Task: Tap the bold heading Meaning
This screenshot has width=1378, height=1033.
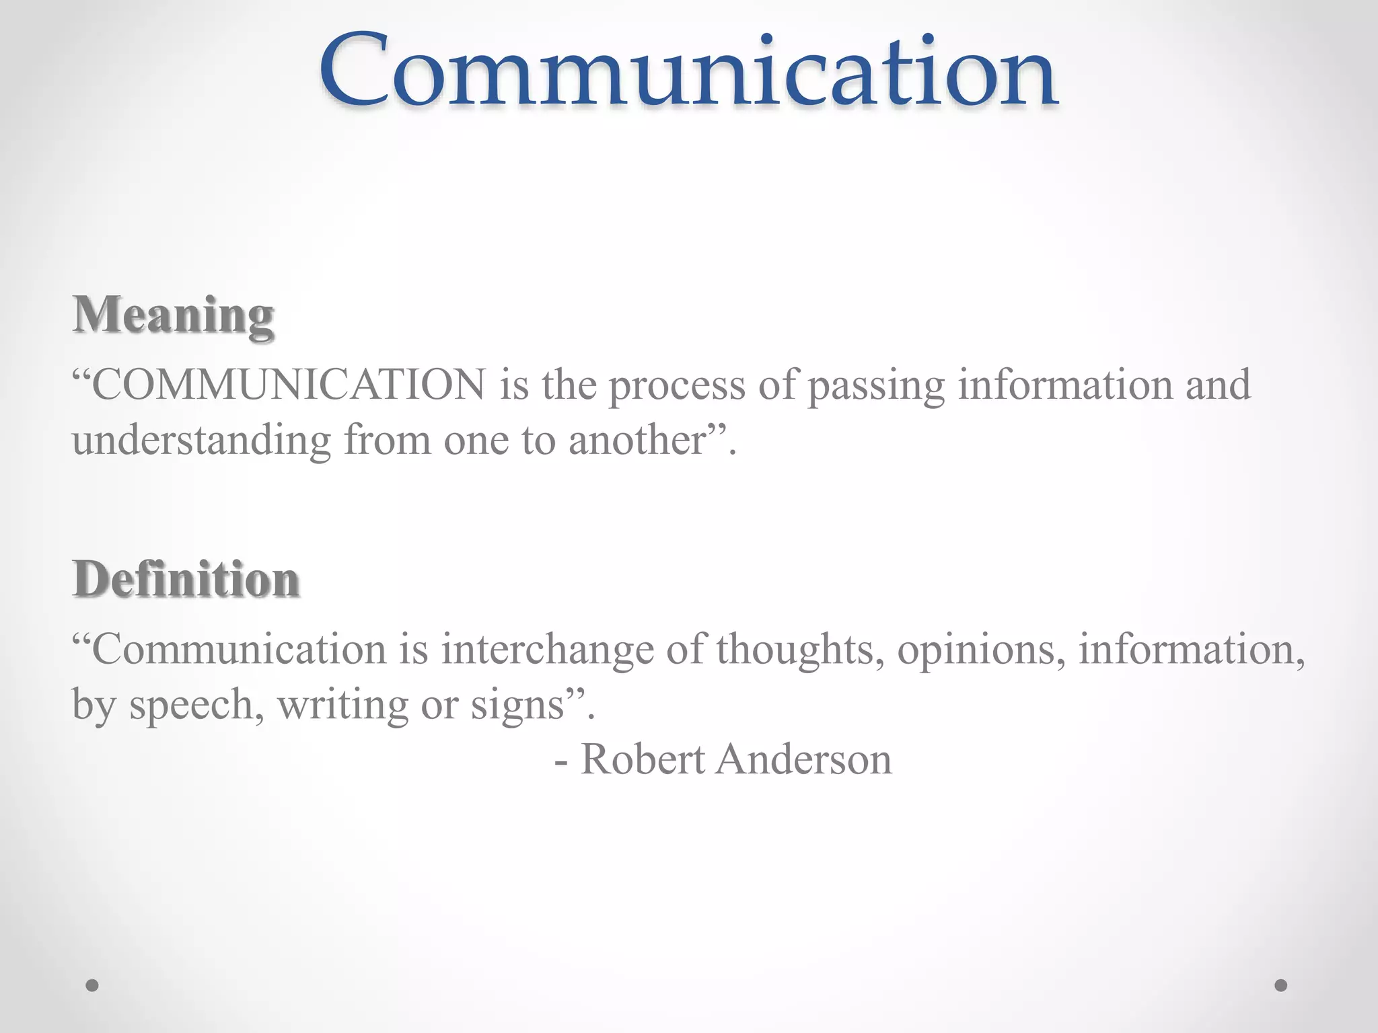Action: [174, 315]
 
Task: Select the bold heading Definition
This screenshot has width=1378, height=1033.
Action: [186, 579]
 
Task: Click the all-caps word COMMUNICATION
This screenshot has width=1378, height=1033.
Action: [288, 385]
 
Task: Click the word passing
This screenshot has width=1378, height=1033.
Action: [876, 387]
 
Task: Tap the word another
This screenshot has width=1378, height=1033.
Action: [637, 441]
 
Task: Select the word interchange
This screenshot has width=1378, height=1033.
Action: [547, 650]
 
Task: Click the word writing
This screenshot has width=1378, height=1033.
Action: [343, 706]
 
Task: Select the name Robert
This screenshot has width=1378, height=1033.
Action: [643, 760]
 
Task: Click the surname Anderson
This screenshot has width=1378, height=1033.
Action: [804, 760]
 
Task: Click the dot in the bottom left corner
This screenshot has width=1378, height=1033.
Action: [92, 985]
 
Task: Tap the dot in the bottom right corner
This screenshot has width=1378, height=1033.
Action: [1281, 985]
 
